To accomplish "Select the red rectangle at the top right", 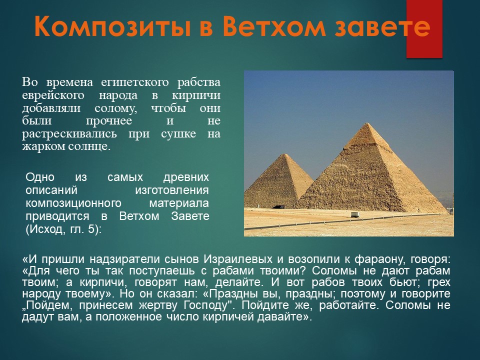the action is (424, 29).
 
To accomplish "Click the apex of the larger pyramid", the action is (367, 123).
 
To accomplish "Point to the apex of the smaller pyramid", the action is (285, 154).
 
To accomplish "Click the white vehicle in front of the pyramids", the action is (355, 214).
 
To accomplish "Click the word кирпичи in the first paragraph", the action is (196, 95).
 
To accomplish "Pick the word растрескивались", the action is (69, 134).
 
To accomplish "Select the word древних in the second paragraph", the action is (186, 177).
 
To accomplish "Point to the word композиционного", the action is (73, 203).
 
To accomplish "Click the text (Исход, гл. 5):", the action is (63, 229).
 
